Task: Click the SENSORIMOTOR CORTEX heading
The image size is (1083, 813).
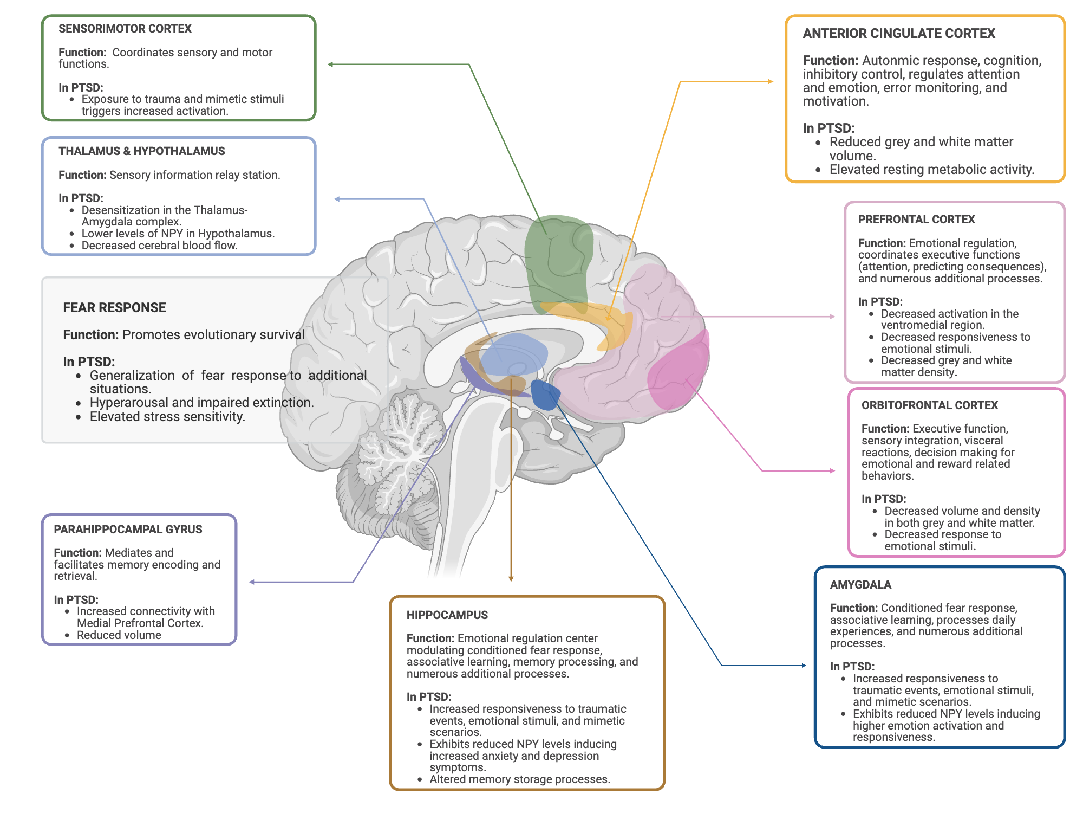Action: tap(125, 29)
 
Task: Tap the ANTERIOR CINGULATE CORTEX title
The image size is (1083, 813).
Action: tap(899, 34)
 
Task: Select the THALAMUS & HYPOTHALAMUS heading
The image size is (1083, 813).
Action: tap(142, 151)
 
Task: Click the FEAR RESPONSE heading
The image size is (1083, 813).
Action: tap(114, 308)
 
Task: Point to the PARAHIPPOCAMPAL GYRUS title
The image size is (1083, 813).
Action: tap(128, 530)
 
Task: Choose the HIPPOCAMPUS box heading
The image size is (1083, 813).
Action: tap(447, 615)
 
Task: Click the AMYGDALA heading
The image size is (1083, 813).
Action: tap(860, 585)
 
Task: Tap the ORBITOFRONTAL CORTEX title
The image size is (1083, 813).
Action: tap(929, 405)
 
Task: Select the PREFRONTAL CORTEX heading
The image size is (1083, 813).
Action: tap(916, 220)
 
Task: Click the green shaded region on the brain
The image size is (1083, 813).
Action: tap(558, 260)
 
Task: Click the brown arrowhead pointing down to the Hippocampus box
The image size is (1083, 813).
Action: tap(511, 578)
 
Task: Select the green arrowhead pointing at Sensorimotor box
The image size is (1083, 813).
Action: tap(330, 64)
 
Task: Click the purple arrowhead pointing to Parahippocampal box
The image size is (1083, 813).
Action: tap(252, 582)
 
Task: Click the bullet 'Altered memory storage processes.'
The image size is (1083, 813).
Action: tap(519, 779)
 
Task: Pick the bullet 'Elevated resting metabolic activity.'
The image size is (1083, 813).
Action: tap(931, 170)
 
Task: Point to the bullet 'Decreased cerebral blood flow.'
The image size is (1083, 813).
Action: tap(159, 246)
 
